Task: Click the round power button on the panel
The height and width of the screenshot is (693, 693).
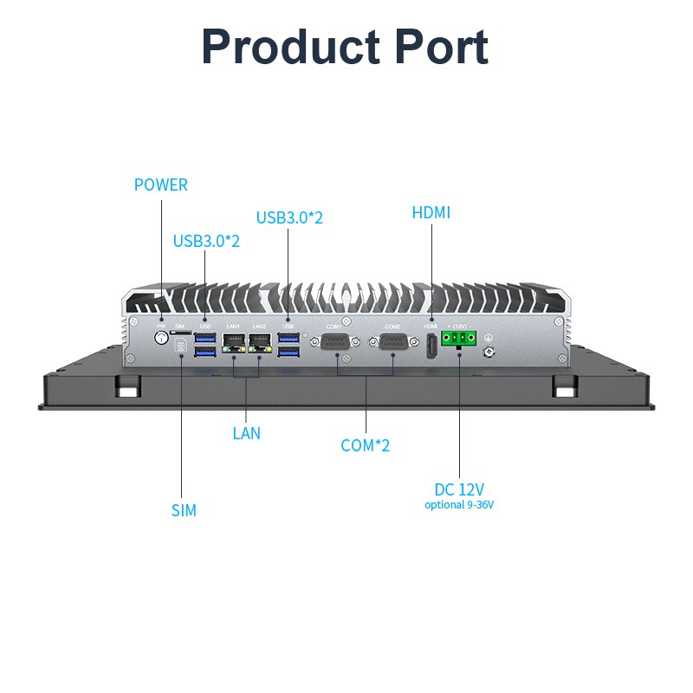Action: (160, 339)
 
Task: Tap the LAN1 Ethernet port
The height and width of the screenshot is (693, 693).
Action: (234, 342)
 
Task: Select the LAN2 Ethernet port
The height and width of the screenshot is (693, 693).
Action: (260, 342)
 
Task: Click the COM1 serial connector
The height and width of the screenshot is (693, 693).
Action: (335, 341)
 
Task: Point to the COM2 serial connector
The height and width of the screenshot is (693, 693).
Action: (393, 341)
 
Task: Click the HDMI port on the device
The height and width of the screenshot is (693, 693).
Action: (431, 344)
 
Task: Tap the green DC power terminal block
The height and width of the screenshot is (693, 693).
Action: (457, 339)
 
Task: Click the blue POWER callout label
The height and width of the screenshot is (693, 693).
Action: (160, 185)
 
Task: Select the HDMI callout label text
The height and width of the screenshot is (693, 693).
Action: (431, 212)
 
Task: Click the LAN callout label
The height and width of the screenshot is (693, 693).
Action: (246, 433)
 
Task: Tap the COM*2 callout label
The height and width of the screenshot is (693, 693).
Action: (365, 445)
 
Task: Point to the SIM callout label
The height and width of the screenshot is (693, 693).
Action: (184, 510)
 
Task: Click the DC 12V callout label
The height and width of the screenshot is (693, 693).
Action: (459, 489)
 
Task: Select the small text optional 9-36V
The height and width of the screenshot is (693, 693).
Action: (459, 505)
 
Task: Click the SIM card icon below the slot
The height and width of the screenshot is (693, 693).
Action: (180, 347)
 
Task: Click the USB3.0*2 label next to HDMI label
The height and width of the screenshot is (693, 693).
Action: (289, 217)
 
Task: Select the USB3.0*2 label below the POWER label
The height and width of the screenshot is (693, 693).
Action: (206, 241)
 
